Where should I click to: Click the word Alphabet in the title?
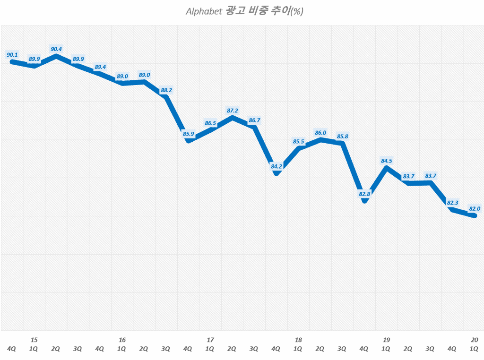[x=204, y=11]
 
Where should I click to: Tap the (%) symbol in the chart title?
[x=296, y=12]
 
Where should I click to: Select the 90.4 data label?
[x=56, y=49]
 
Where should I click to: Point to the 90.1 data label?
[x=12, y=55]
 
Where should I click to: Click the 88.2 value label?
[x=166, y=90]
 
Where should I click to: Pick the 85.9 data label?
[x=188, y=134]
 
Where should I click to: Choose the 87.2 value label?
[x=232, y=111]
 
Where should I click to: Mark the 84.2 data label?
[x=276, y=166]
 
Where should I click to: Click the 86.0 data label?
[x=320, y=133]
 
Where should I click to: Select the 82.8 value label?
[x=364, y=194]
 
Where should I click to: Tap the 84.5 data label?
[x=386, y=161]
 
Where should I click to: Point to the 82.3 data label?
[x=452, y=203]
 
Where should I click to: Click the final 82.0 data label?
[x=474, y=208]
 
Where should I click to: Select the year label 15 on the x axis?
[x=34, y=340]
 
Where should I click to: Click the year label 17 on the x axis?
[x=210, y=340]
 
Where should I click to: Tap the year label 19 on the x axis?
[x=386, y=340]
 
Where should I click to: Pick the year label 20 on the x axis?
[x=475, y=340]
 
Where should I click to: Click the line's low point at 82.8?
[x=364, y=201]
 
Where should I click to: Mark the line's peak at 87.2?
[x=232, y=117]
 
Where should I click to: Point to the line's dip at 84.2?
[x=277, y=173]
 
